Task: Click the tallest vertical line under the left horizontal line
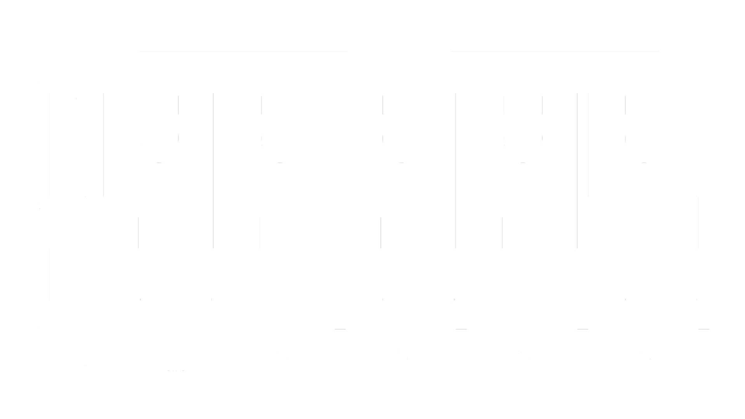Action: [213, 171]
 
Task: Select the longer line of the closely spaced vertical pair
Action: [577, 171]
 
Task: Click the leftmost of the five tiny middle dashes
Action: [159, 163]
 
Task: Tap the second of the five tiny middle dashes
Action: [280, 163]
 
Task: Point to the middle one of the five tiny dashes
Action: [401, 163]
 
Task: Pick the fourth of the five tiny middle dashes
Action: [523, 163]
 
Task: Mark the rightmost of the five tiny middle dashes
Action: [644, 163]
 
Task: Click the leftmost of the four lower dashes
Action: [340, 329]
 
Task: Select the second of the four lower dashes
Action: [461, 329]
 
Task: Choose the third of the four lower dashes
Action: [583, 329]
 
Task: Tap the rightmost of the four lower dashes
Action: [704, 329]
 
